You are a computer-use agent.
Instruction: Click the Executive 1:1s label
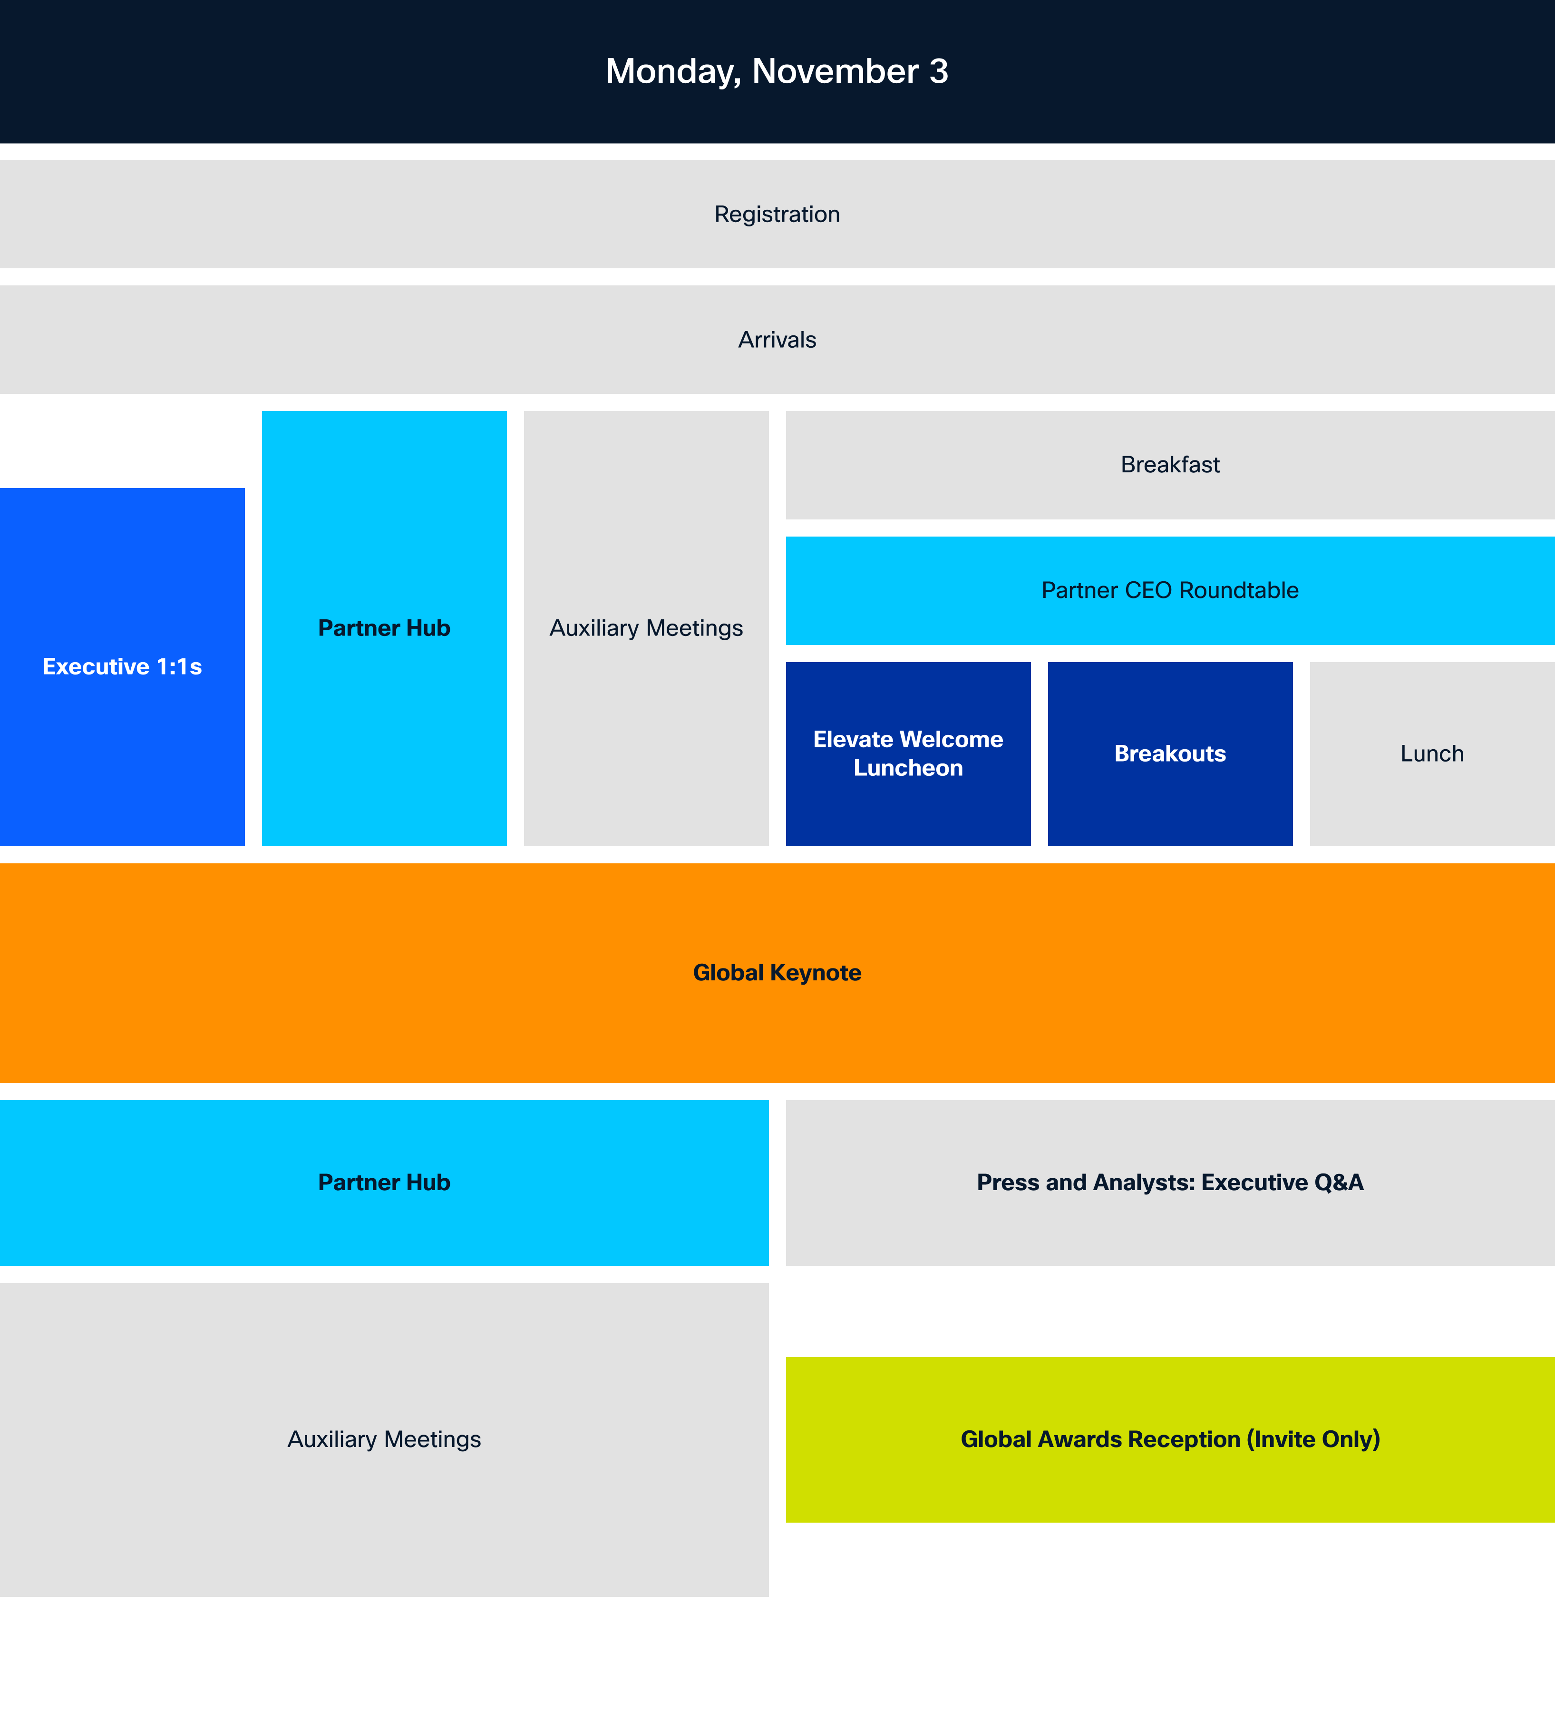tap(122, 667)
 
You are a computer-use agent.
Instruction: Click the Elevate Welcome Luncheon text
tap(908, 753)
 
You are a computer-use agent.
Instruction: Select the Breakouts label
tap(1170, 753)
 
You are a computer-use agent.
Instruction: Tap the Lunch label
tap(1432, 753)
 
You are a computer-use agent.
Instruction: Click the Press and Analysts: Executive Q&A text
tap(1170, 1182)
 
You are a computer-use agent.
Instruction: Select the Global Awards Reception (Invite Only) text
tap(1170, 1439)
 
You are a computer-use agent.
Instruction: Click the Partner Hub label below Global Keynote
tap(384, 1182)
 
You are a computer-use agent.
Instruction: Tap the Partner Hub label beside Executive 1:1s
tap(384, 628)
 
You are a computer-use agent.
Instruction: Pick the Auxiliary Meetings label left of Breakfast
tap(646, 628)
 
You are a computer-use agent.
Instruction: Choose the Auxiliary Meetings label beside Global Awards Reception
tap(384, 1439)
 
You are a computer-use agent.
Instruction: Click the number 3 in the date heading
tap(938, 71)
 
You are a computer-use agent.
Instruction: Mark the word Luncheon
tap(908, 768)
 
